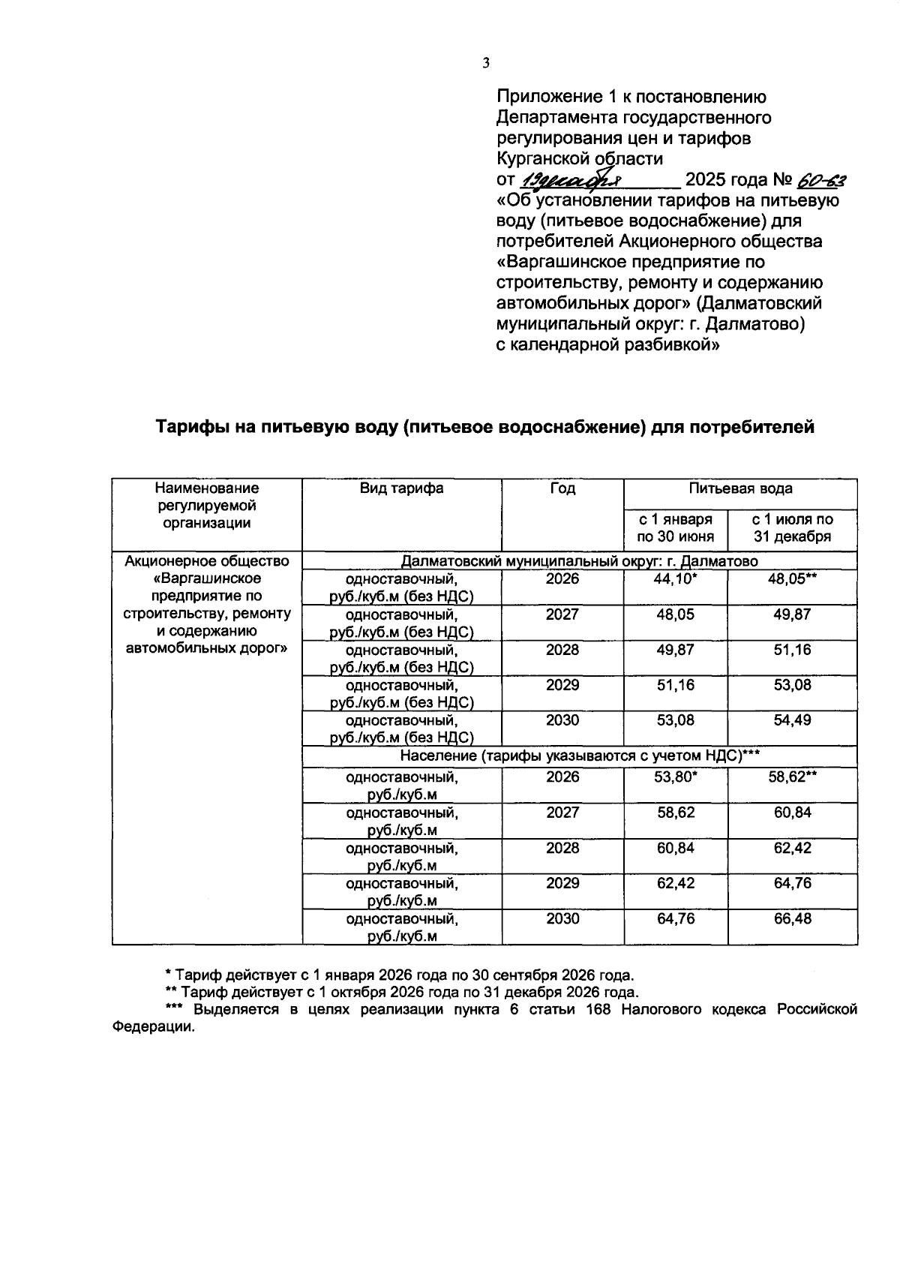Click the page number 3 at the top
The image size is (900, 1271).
485,64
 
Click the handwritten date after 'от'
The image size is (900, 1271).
570,181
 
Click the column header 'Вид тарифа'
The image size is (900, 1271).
401,488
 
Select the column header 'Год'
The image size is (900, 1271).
562,488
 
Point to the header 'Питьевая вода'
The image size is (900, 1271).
740,488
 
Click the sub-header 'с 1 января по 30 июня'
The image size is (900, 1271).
675,527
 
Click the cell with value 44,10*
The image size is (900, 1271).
675,579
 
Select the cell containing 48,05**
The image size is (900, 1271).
792,579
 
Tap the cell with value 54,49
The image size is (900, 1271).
792,720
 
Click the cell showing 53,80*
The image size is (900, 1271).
675,777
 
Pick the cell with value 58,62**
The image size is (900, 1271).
792,777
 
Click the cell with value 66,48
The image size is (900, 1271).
792,918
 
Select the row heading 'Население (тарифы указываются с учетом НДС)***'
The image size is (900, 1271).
580,756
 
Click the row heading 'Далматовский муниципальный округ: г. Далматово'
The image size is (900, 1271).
580,561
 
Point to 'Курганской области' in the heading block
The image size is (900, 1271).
580,159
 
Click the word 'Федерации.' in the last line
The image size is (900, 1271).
153,1027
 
